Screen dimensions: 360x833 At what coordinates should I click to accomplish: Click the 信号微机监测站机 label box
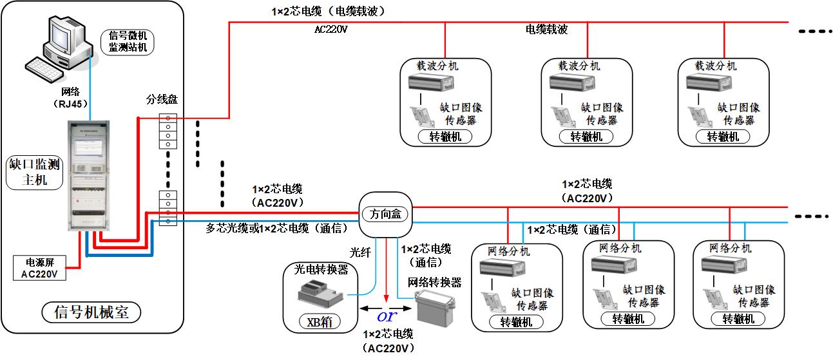(x=128, y=41)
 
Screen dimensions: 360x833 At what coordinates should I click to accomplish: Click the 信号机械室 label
(x=90, y=312)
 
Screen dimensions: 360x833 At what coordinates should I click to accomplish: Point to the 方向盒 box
(x=385, y=214)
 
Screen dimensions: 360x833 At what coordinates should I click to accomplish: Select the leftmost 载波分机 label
(x=438, y=66)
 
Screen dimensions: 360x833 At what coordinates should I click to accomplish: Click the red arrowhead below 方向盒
(x=386, y=297)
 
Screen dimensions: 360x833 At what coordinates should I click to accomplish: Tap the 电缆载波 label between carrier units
(x=547, y=30)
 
